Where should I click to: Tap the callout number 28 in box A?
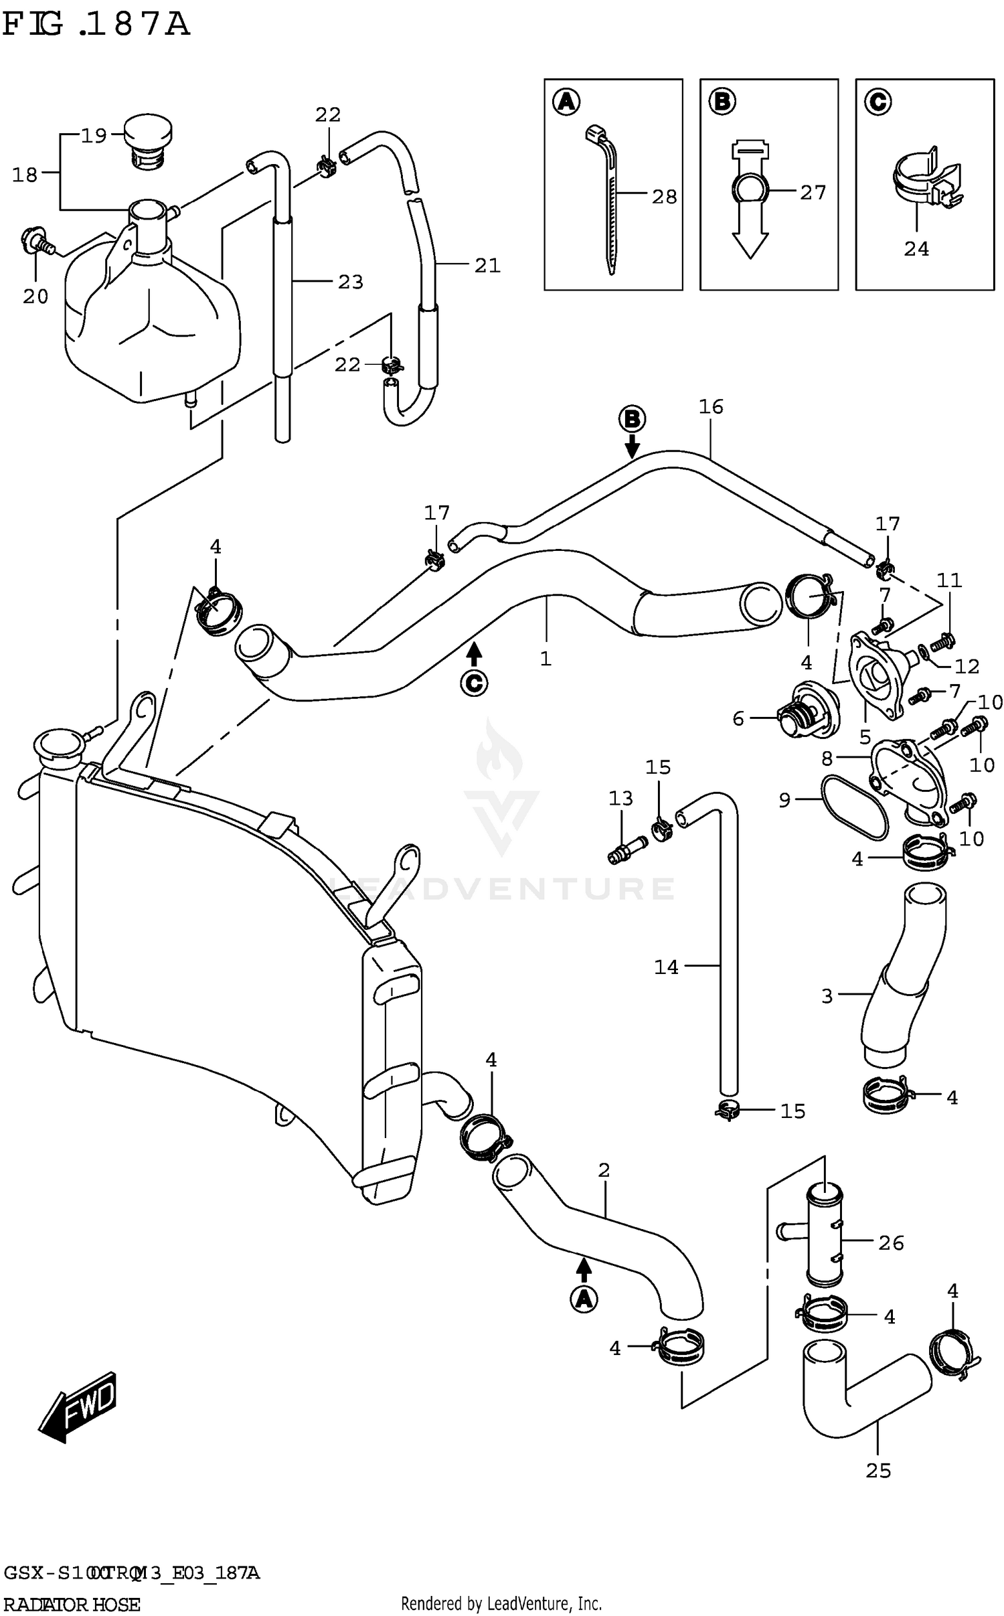pyautogui.click(x=664, y=197)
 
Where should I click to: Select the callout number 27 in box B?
pyautogui.click(x=813, y=193)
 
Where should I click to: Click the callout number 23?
pyautogui.click(x=350, y=282)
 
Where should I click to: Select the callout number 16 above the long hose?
pyautogui.click(x=711, y=406)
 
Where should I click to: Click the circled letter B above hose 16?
pyautogui.click(x=631, y=420)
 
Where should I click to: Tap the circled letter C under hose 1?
pyautogui.click(x=474, y=683)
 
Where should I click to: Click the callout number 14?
pyautogui.click(x=666, y=967)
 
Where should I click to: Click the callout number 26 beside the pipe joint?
pyautogui.click(x=891, y=1243)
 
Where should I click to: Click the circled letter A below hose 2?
pyautogui.click(x=584, y=1299)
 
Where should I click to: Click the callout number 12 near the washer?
pyautogui.click(x=967, y=666)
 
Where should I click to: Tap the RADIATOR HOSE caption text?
pyautogui.click(x=72, y=1605)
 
